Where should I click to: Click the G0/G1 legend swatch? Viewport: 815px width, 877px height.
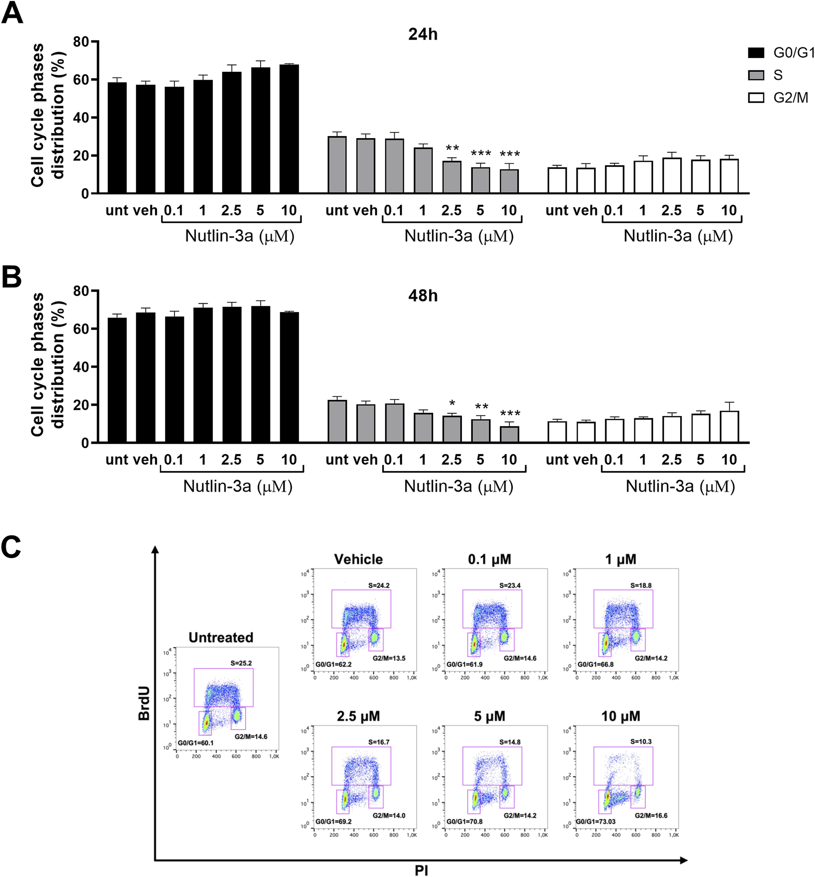pyautogui.click(x=756, y=52)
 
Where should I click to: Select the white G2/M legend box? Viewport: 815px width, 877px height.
pyautogui.click(x=756, y=98)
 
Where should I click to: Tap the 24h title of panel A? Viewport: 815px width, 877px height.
pyautogui.click(x=422, y=35)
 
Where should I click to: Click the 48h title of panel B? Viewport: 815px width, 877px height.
pyautogui.click(x=422, y=296)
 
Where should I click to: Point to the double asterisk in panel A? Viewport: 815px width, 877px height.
pyautogui.click(x=452, y=148)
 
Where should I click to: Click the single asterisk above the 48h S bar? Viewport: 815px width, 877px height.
pyautogui.click(x=452, y=404)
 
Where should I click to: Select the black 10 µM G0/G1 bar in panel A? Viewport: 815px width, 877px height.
pyautogui.click(x=289, y=129)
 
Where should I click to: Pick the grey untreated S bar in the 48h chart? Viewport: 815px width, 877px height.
pyautogui.click(x=337, y=421)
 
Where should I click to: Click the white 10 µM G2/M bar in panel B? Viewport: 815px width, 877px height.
pyautogui.click(x=729, y=427)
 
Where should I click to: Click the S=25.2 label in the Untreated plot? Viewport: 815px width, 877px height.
pyautogui.click(x=241, y=663)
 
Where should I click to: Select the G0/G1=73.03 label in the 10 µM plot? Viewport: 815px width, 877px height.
pyautogui.click(x=596, y=821)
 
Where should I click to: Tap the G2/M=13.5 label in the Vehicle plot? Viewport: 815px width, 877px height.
pyautogui.click(x=389, y=658)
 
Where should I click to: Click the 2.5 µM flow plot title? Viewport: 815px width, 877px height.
pyautogui.click(x=358, y=716)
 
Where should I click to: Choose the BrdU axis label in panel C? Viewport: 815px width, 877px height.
pyautogui.click(x=144, y=704)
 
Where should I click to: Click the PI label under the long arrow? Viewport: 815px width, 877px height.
pyautogui.click(x=421, y=870)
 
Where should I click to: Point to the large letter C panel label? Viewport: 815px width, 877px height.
pyautogui.click(x=11, y=547)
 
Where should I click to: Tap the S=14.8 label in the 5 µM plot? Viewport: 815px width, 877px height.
pyautogui.click(x=510, y=742)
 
